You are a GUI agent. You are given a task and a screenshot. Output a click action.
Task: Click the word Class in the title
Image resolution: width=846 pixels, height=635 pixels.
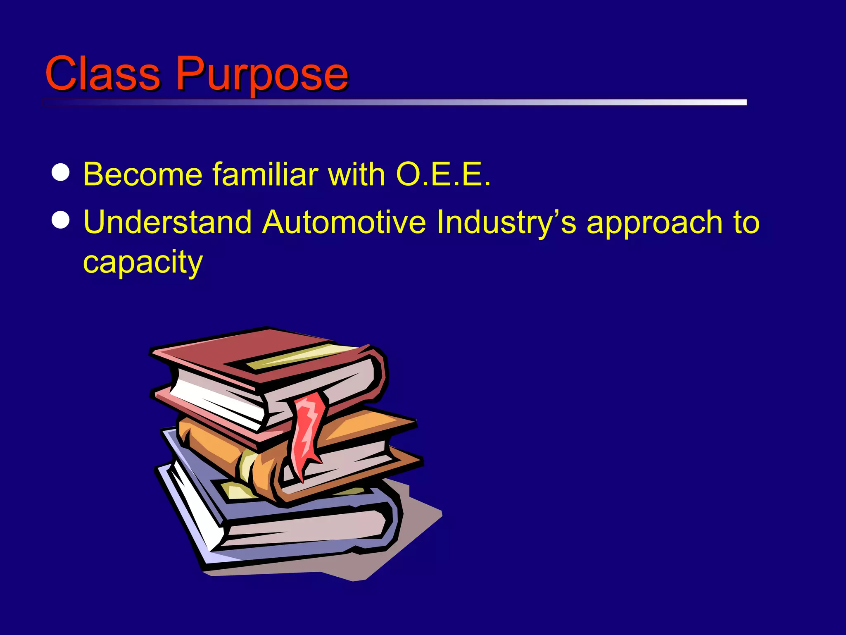coord(102,74)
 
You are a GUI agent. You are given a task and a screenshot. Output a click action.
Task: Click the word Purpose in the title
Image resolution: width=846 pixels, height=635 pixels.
coord(262,74)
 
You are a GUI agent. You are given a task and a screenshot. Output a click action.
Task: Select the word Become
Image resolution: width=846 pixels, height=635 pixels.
coord(143,174)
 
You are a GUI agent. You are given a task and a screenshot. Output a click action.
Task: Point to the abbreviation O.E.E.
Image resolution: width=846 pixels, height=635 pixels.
coord(443,174)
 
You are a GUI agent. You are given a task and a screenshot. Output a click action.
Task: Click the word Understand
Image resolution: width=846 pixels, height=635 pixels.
coord(167,222)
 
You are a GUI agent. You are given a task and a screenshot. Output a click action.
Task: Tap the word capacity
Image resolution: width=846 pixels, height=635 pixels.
coord(143,263)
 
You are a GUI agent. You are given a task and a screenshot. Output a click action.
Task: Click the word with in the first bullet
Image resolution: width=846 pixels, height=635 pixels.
coord(356,174)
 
